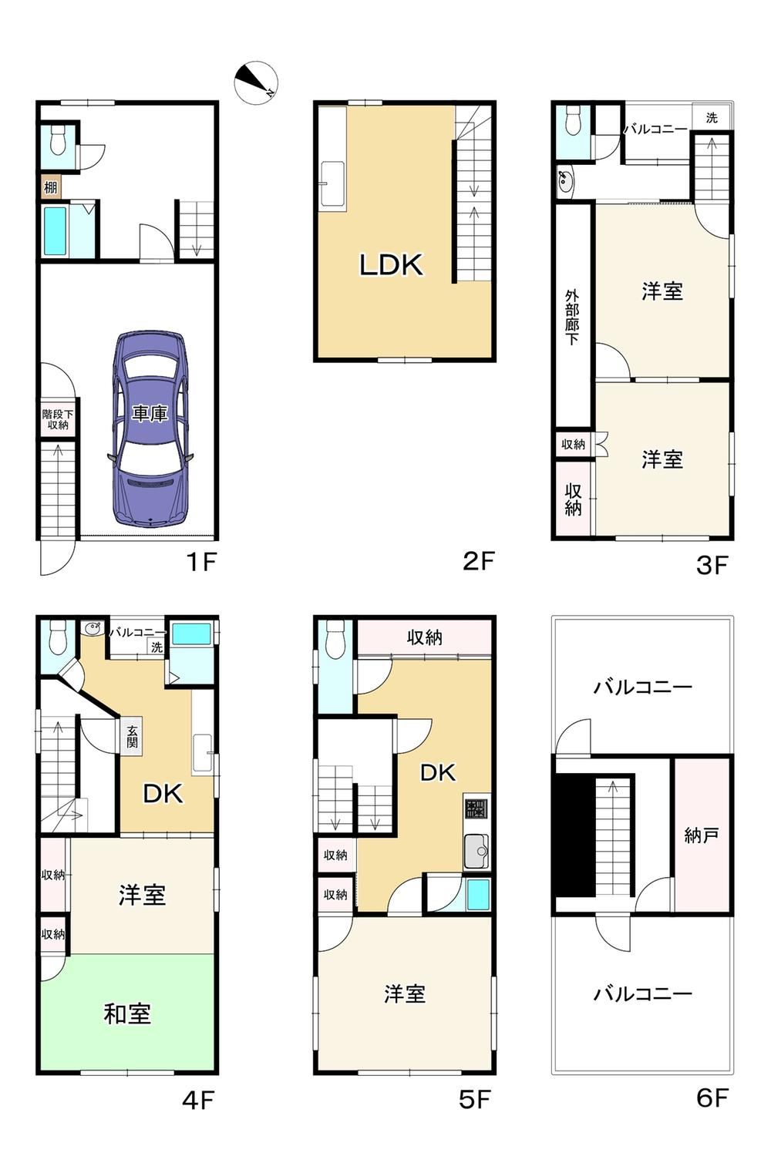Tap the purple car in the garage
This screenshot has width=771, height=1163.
point(150,429)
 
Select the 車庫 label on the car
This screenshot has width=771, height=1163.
point(150,414)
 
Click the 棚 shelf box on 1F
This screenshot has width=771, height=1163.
point(51,187)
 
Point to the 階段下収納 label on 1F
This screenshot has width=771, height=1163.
point(58,419)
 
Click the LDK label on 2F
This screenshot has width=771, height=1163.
point(391,265)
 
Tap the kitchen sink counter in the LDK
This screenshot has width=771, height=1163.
point(332,183)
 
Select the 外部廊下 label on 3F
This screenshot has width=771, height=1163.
point(572,318)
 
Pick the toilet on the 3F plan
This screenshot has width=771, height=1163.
point(574,121)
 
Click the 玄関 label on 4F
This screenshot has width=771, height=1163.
point(133,736)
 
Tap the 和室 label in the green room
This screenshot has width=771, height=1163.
point(127,1014)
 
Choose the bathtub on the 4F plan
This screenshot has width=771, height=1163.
point(191,634)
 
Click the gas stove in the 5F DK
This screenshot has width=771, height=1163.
point(476,808)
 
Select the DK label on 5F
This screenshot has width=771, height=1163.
point(437,773)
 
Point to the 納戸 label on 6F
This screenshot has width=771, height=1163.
point(702,835)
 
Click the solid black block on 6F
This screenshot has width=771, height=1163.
point(575,835)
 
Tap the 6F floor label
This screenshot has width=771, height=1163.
point(712,1098)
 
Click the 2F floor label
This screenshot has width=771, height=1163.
point(479,561)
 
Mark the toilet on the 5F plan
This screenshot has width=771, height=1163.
point(335,639)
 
